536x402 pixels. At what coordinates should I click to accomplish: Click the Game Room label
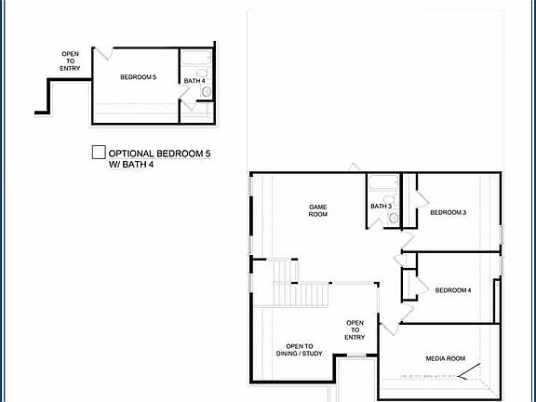click(x=318, y=210)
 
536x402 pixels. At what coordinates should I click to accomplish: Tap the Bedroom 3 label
click(x=448, y=212)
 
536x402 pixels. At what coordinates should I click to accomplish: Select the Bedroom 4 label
click(x=453, y=290)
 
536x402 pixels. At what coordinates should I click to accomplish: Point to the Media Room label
click(x=445, y=358)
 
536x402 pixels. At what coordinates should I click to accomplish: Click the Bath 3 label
click(x=380, y=206)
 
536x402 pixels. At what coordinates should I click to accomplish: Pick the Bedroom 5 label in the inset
click(x=138, y=77)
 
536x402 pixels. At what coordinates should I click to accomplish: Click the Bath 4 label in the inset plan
click(x=194, y=81)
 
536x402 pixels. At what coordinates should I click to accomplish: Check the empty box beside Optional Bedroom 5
click(x=98, y=152)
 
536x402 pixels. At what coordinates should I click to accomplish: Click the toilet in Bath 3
click(x=393, y=218)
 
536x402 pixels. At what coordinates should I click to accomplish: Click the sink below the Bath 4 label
click(x=206, y=92)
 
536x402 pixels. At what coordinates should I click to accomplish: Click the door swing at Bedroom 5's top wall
click(x=103, y=52)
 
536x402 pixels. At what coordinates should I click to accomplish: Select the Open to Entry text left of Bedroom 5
click(x=70, y=61)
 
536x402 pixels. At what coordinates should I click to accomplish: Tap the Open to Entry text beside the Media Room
click(x=355, y=330)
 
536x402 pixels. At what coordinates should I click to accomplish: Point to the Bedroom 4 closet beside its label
click(x=409, y=284)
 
